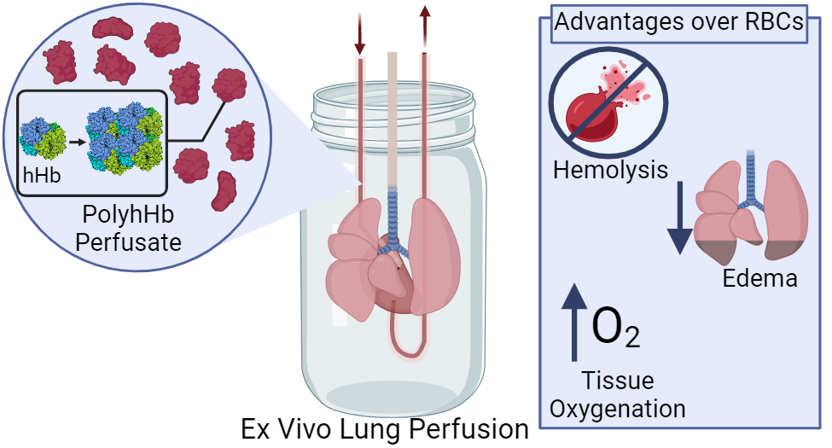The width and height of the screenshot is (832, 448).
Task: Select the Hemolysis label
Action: [x=610, y=170]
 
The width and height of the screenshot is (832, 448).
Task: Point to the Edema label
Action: [x=759, y=278]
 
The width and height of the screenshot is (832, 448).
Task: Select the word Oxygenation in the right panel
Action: [x=617, y=409]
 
